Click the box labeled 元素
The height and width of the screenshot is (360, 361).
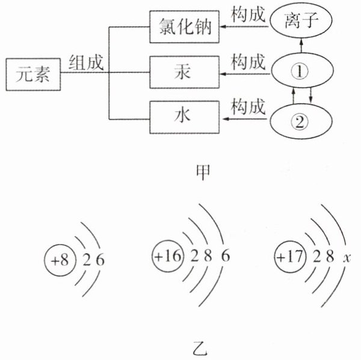point(33,75)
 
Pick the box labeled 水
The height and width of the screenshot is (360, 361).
point(185,114)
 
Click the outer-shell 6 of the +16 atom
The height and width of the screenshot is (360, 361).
point(226,255)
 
